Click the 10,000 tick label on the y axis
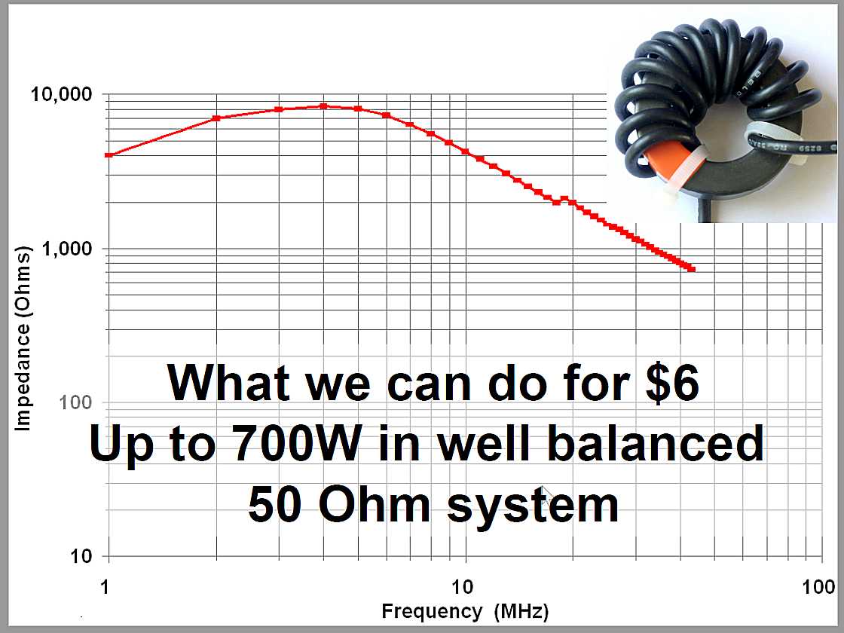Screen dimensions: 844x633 pos(62,94)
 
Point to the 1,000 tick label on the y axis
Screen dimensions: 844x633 pos(67,249)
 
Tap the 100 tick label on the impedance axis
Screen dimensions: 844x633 pos(76,402)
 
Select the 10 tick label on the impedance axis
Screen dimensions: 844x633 pos(82,555)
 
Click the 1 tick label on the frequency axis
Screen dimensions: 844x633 pos(105,586)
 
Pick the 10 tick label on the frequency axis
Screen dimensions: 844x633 pos(463,586)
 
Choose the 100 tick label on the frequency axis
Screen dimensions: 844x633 pos(818,586)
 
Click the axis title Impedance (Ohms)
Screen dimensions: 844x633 pos(23,338)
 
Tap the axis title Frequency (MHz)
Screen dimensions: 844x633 pos(465,611)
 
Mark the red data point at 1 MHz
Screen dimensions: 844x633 pos(109,155)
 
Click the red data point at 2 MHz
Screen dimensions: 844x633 pos(216,118)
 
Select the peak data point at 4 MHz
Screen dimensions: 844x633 pos(323,106)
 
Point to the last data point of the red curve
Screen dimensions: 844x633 pos(693,268)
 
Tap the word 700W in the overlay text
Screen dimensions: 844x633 pos(298,443)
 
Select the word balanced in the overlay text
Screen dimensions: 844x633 pos(656,443)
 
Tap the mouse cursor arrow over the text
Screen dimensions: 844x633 pos(546,494)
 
